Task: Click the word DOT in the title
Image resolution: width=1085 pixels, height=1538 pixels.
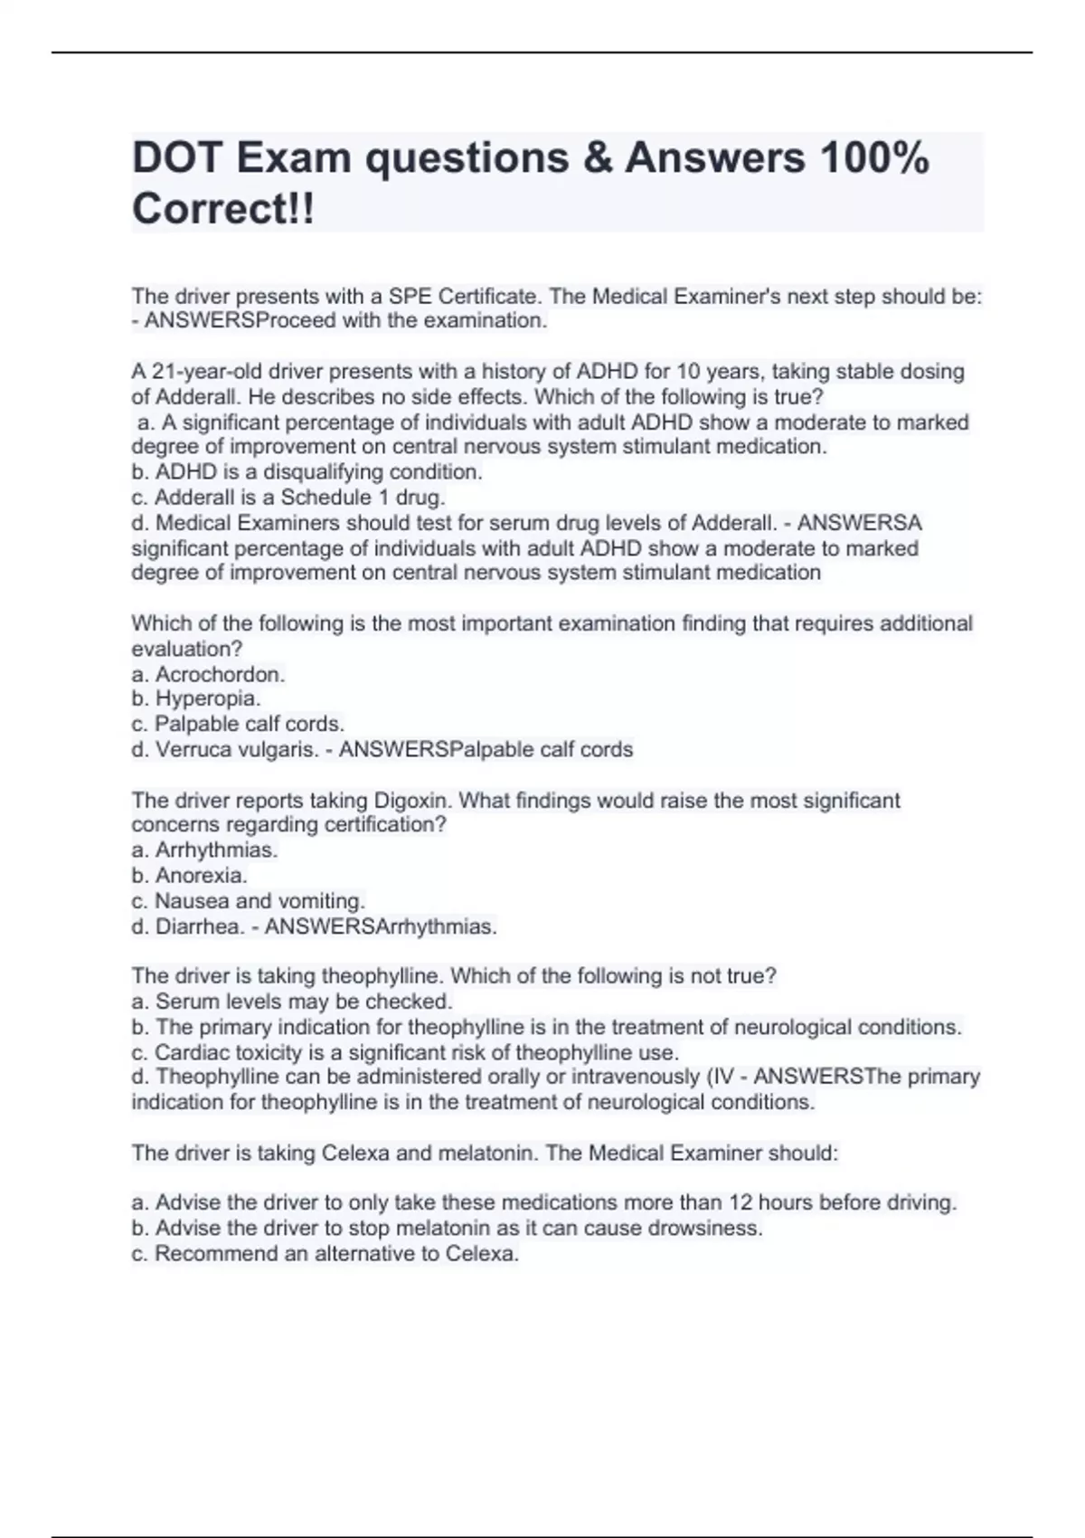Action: [176, 158]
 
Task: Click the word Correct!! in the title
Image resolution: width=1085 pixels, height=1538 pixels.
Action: [223, 210]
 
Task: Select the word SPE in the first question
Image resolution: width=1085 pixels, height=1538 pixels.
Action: [410, 297]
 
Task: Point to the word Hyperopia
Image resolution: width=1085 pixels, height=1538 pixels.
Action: [207, 698]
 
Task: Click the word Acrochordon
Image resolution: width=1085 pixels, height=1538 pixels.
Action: [220, 674]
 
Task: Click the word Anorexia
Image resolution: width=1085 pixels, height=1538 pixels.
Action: [201, 876]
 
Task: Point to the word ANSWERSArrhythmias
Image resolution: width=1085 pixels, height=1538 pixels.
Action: [381, 926]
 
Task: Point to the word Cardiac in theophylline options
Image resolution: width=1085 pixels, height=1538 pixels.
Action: [191, 1053]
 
